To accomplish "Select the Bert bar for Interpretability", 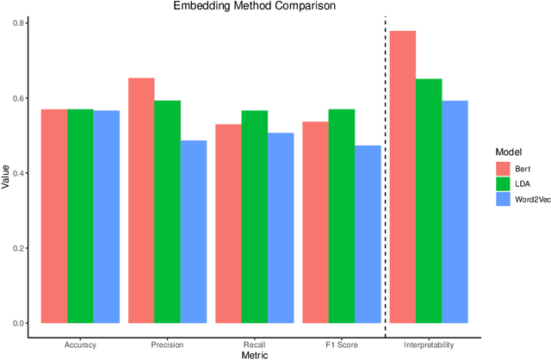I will coord(403,177).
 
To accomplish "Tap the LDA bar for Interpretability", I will coord(429,202).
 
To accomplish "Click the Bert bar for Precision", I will coord(141,201).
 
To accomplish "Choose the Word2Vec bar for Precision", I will coord(194,233).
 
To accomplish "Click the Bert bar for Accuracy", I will coord(54,216).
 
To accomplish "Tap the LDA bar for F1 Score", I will coord(341,216).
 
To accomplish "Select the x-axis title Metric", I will coord(255,355).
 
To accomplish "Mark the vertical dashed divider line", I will coord(385,172).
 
